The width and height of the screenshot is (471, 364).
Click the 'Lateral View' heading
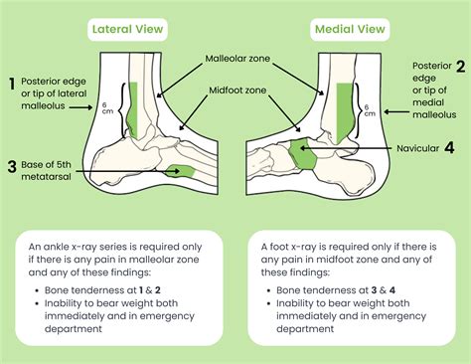(x=127, y=29)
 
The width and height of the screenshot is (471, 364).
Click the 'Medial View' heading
(x=351, y=29)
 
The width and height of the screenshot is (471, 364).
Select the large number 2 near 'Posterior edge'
(x=460, y=68)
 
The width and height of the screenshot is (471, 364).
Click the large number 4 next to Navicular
(x=450, y=148)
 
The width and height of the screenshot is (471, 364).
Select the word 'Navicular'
(x=410, y=148)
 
